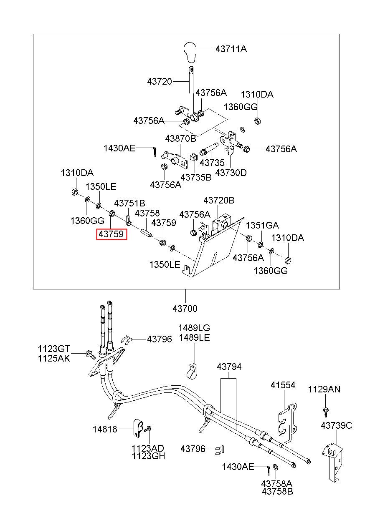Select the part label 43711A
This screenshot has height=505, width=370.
[x=231, y=49]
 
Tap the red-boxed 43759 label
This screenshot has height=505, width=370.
[x=112, y=234]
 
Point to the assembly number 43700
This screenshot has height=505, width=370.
[x=185, y=309]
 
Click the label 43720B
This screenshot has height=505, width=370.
[x=219, y=200]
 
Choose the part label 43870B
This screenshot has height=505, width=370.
[x=180, y=138]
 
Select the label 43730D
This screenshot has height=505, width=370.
[x=231, y=173]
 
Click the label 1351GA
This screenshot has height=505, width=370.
[x=262, y=225]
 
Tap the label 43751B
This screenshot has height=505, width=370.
[x=129, y=204]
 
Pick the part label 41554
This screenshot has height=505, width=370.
[x=283, y=385]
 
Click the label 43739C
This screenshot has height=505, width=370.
[x=336, y=426]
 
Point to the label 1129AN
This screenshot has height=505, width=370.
[x=324, y=389]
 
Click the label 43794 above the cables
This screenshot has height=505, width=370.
[x=229, y=367]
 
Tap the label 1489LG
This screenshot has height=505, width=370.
[x=194, y=328]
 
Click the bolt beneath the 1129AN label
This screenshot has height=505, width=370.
[x=326, y=412]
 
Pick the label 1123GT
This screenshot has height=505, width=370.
[x=54, y=349]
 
